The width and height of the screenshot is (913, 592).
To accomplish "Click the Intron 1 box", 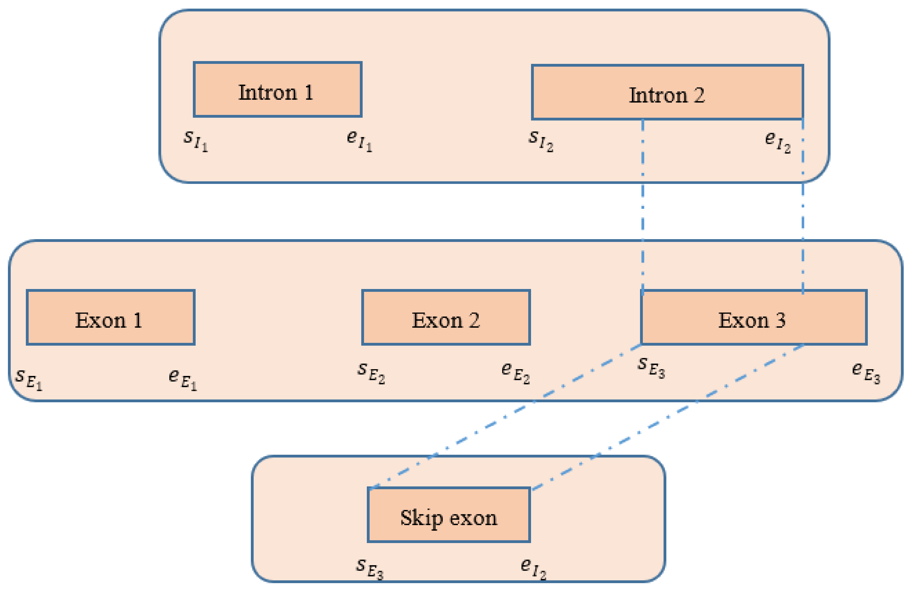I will (277, 89).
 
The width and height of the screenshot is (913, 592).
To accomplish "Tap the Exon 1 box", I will (110, 317).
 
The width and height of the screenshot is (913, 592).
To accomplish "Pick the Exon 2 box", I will (446, 317).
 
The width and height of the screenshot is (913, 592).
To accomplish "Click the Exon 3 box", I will (754, 317).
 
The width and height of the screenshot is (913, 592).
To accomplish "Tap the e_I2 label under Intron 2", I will (777, 142).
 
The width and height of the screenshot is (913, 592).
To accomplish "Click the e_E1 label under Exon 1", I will (183, 379).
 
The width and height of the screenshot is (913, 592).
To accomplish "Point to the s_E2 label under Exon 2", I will (371, 373).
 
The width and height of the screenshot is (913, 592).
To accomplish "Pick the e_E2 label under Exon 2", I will (515, 373).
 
